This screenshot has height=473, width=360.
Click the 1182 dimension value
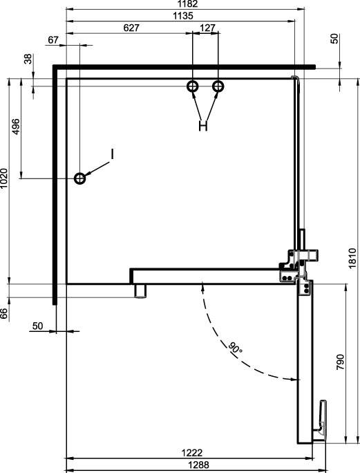(x=187, y=4)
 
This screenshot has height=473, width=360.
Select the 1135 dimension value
(x=182, y=16)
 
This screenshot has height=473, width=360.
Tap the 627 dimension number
(x=131, y=28)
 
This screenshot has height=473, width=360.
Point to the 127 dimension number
(x=208, y=28)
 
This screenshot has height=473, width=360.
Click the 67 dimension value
(x=53, y=40)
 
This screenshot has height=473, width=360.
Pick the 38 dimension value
(x=28, y=59)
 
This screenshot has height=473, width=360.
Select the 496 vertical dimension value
(x=16, y=127)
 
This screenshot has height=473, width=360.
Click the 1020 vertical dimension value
(x=3, y=178)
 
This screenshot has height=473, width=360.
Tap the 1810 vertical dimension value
(x=352, y=258)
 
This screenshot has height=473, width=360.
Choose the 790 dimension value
(x=340, y=362)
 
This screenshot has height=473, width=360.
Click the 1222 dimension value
(x=192, y=453)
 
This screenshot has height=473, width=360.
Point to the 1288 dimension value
(x=198, y=465)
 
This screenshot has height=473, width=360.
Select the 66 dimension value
(x=3, y=314)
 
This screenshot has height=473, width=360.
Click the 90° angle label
(x=235, y=347)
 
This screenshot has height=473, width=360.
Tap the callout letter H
(x=203, y=126)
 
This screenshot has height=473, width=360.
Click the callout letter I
(x=112, y=154)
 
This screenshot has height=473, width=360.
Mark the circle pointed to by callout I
(x=80, y=178)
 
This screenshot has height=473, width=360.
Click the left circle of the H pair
(x=192, y=86)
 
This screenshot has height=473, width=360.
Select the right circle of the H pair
(x=218, y=86)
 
